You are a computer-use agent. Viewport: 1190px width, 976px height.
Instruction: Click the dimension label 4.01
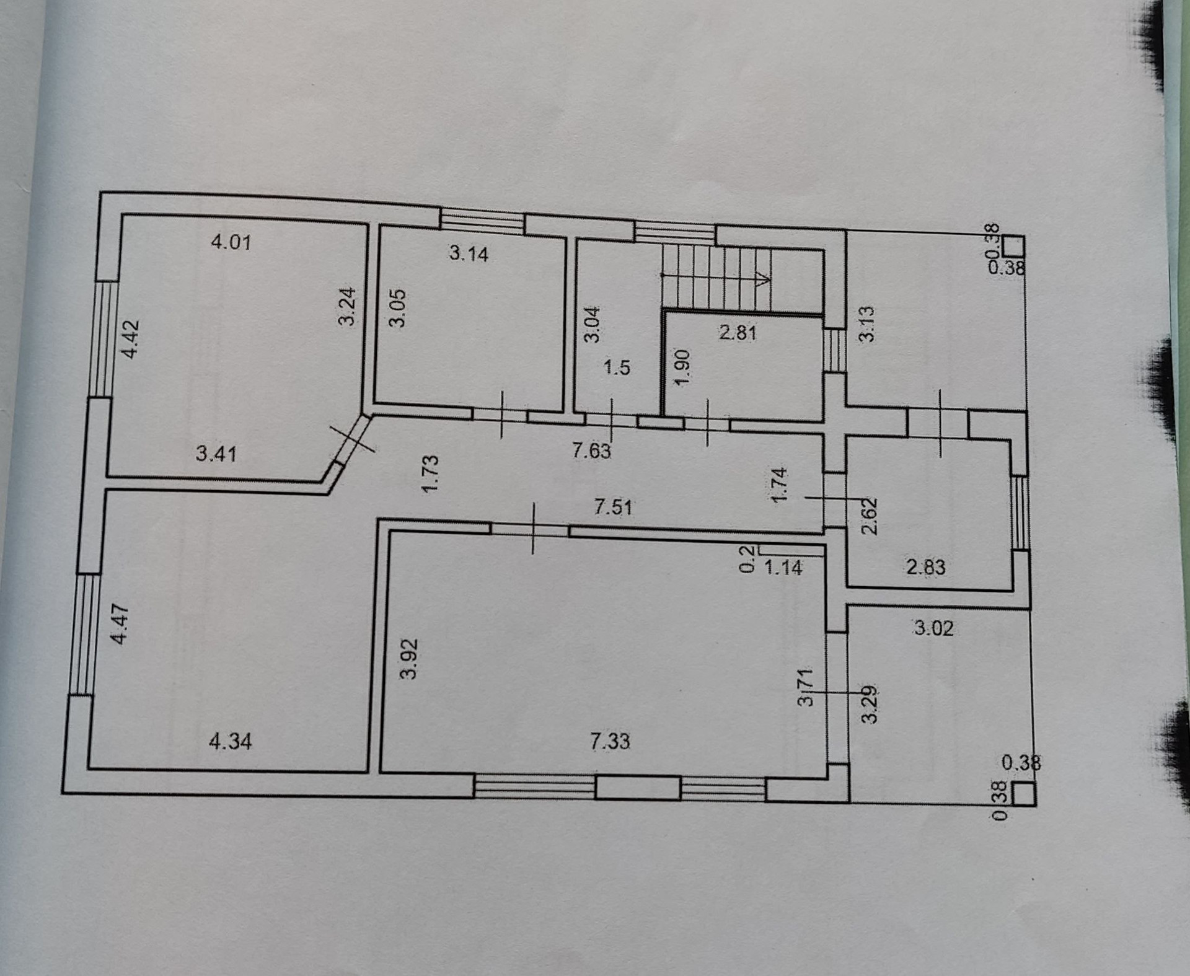(x=231, y=242)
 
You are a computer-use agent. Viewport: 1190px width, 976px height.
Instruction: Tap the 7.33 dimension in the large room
(x=610, y=741)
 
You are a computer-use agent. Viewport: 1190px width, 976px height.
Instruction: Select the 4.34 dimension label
(x=231, y=741)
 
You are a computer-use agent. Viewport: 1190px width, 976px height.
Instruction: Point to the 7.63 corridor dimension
(x=591, y=451)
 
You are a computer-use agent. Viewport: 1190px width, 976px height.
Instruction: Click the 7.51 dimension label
(x=613, y=508)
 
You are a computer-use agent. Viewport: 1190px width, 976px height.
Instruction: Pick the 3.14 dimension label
(x=469, y=253)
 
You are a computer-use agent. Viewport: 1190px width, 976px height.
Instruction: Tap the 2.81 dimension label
(x=738, y=333)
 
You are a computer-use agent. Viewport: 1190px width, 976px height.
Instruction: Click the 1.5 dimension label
(x=617, y=367)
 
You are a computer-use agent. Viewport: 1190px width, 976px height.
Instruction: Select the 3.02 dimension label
(x=933, y=628)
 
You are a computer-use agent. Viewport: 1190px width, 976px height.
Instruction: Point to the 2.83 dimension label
(x=926, y=567)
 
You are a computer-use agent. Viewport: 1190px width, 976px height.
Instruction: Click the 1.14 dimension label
(x=783, y=567)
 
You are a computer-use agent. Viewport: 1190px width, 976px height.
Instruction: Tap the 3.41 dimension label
(x=216, y=454)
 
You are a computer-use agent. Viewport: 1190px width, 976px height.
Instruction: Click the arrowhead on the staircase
(x=764, y=278)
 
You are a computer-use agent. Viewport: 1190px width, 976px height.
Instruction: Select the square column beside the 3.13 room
(x=1013, y=246)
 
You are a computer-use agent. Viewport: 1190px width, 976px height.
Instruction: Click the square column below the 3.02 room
(x=1024, y=794)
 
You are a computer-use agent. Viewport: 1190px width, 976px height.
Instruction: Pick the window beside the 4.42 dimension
(x=105, y=338)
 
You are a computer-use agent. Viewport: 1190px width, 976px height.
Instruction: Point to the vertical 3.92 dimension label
(x=409, y=659)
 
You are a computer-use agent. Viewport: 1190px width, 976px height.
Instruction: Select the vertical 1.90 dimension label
(x=682, y=367)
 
